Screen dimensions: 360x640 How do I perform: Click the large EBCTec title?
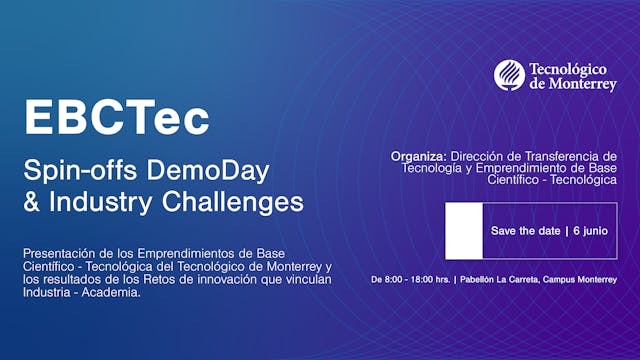117,117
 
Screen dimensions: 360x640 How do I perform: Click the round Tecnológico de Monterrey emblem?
509,75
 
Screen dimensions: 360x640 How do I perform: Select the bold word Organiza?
418,156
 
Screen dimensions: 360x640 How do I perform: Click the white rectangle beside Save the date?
464,230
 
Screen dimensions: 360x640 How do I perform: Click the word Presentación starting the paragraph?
54,252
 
